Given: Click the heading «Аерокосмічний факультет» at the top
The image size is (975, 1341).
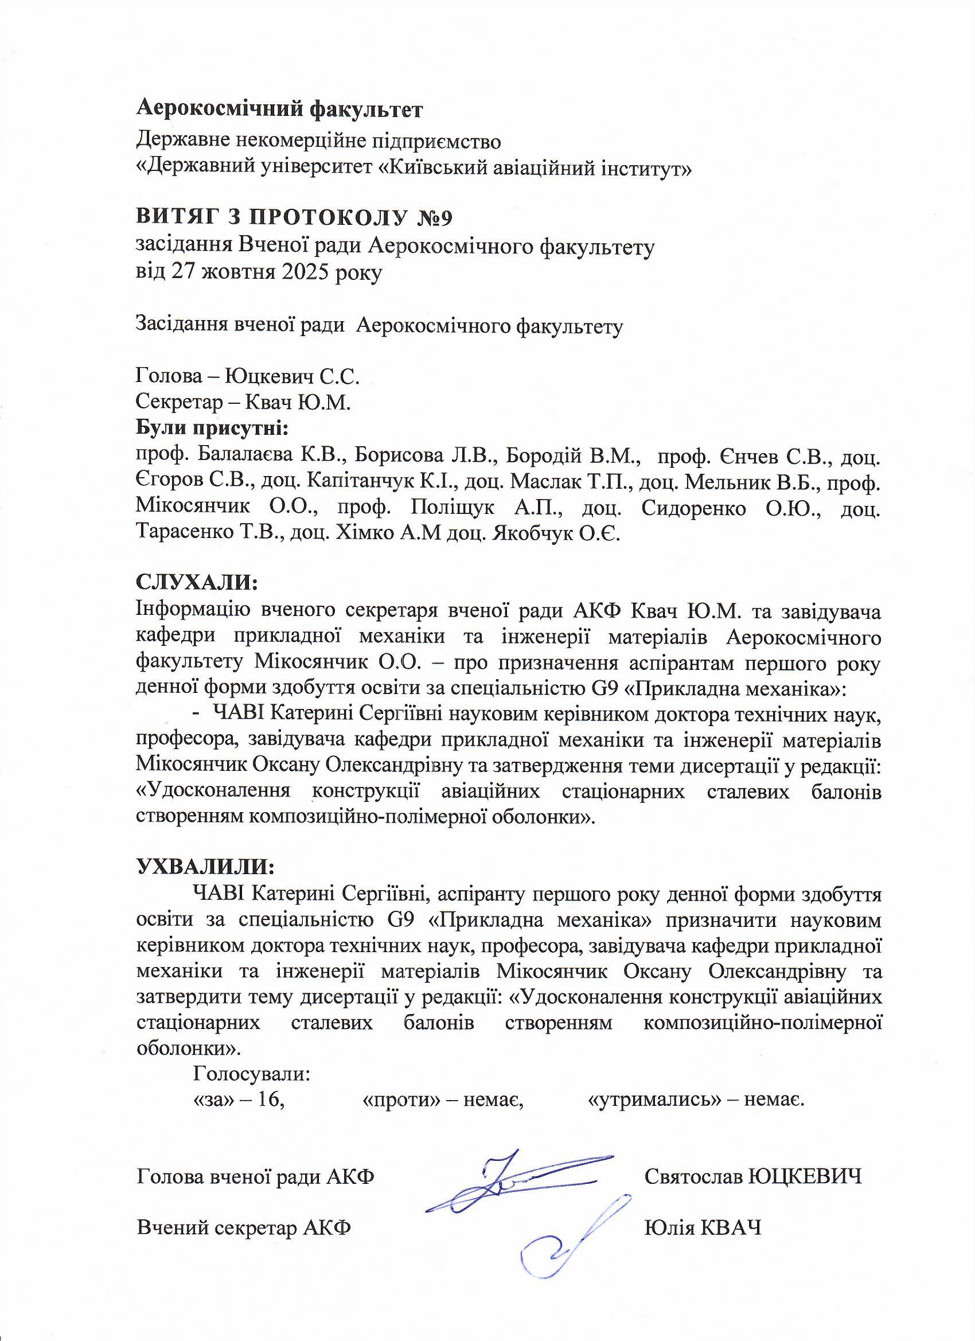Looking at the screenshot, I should (x=280, y=109).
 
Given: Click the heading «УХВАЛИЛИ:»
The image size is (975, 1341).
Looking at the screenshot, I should (x=205, y=867).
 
